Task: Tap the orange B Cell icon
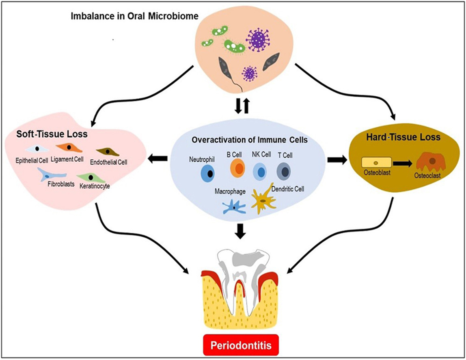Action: click(x=237, y=168)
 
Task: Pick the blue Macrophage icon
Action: click(x=234, y=206)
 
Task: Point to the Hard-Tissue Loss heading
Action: click(x=410, y=137)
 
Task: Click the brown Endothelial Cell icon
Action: click(x=107, y=151)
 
